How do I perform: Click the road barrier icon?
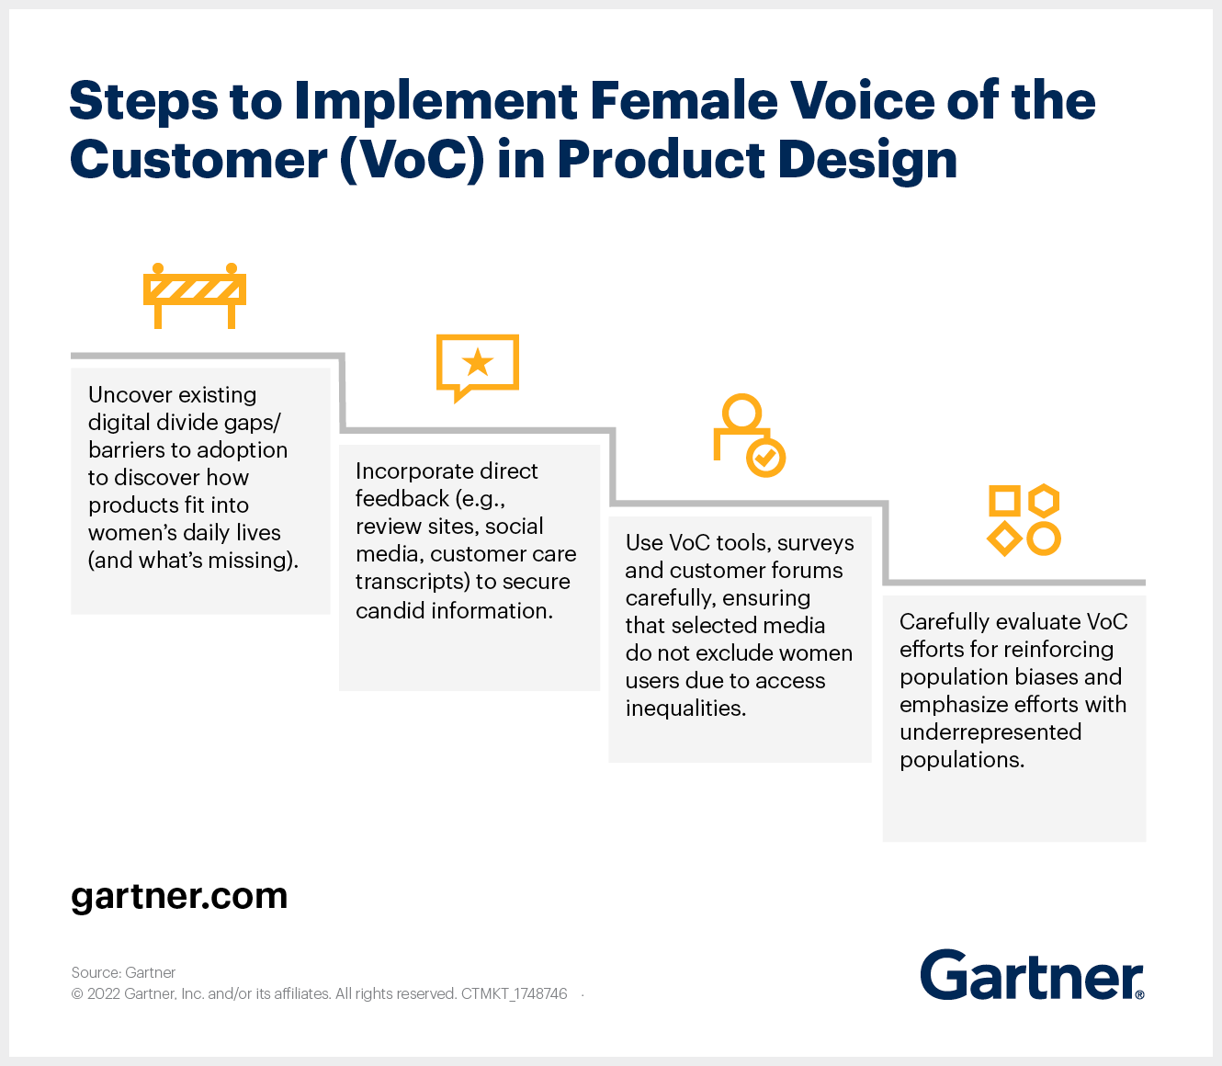tap(195, 296)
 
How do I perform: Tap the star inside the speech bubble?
tap(478, 362)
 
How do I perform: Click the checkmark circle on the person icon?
tap(765, 458)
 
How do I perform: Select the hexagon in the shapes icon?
tap(1044, 501)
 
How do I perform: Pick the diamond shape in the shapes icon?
tap(1004, 539)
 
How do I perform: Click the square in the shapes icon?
tap(1004, 501)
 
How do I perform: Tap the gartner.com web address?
tap(179, 896)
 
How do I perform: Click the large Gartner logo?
tap(1032, 976)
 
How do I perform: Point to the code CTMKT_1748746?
tap(515, 993)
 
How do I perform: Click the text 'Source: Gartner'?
tap(124, 972)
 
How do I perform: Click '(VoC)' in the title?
tap(412, 160)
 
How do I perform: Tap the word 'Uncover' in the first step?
tap(130, 395)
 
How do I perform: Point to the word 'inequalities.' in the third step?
tap(685, 709)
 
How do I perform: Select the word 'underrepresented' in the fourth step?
tap(990, 732)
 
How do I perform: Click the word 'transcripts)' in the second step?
tap(412, 582)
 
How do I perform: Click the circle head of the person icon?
tap(741, 412)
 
